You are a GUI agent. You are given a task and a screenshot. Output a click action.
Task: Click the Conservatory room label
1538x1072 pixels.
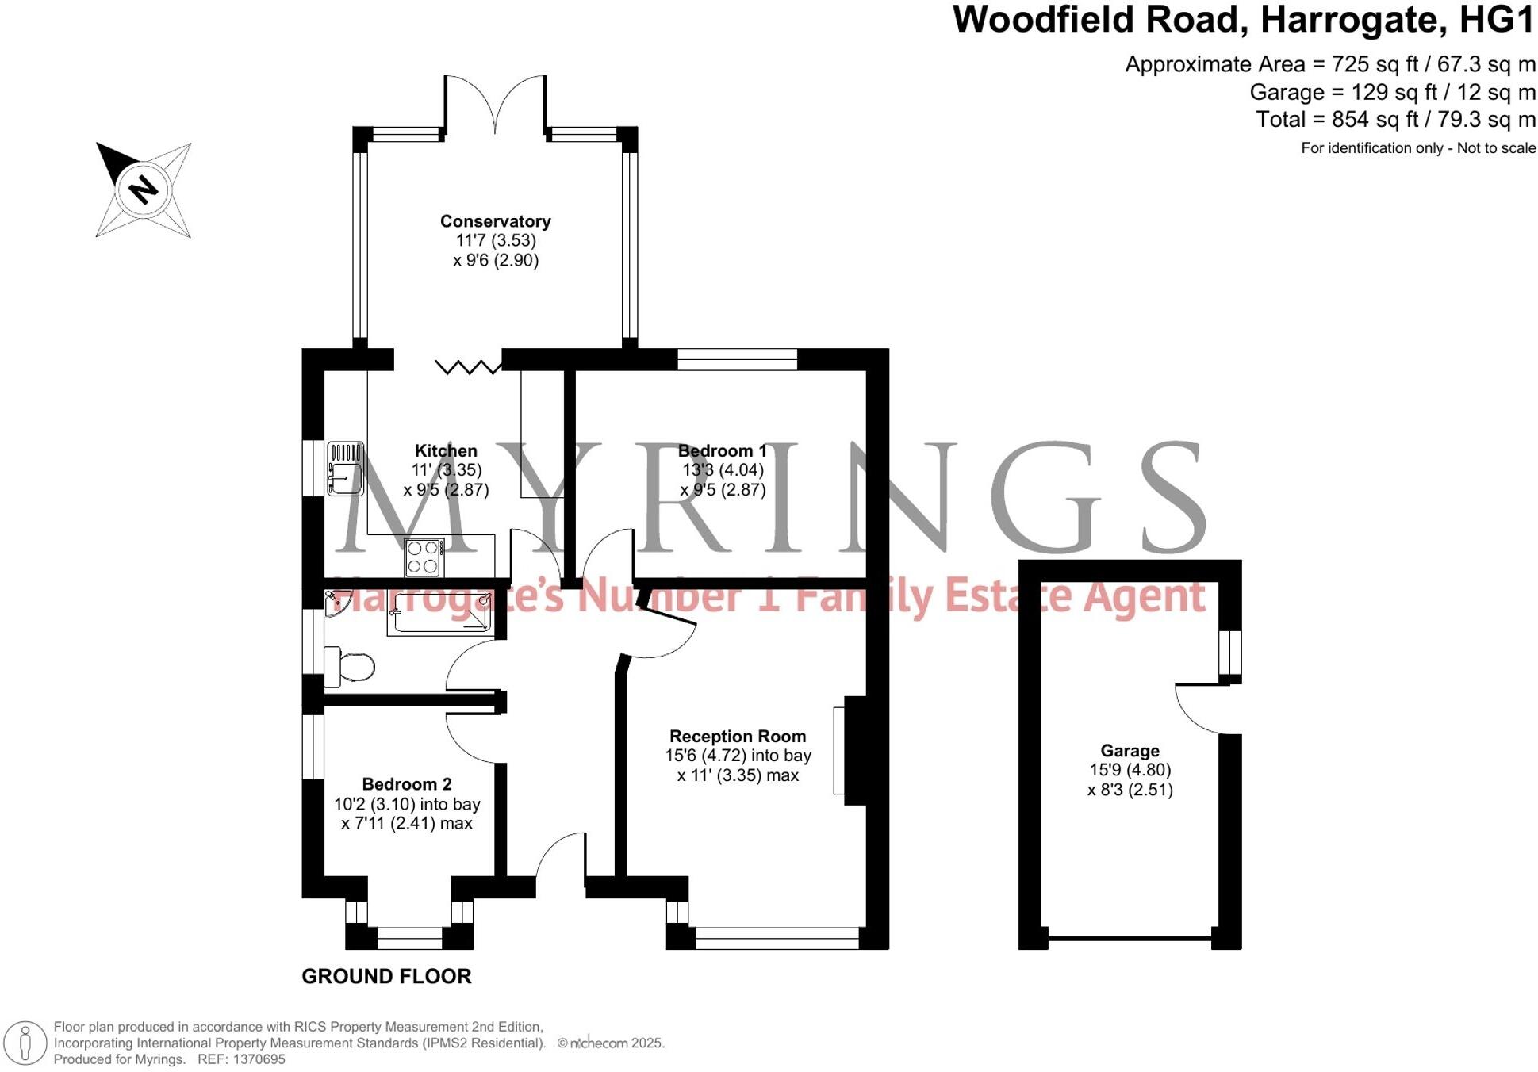[495, 222]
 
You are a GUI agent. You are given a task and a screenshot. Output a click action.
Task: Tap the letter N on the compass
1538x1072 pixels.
[144, 190]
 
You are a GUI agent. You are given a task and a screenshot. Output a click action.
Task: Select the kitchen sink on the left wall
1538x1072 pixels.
[345, 469]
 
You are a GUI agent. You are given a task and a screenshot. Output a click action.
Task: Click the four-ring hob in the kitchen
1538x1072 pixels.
[424, 557]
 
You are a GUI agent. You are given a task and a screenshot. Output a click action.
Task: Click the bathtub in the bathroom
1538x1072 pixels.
[439, 612]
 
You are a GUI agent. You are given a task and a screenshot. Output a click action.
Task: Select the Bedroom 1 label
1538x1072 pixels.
[722, 451]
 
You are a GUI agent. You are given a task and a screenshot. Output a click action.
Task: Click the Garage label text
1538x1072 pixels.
[1130, 751]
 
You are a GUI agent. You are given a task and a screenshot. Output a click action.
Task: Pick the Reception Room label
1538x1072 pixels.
[738, 737]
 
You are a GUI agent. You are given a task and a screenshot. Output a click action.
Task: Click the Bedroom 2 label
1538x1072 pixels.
[407, 784]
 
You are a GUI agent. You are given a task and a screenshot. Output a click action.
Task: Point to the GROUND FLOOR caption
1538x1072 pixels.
[386, 977]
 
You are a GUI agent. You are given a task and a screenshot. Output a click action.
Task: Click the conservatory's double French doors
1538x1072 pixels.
[495, 103]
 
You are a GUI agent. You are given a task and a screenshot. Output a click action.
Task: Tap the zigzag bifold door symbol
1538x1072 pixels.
[468, 366]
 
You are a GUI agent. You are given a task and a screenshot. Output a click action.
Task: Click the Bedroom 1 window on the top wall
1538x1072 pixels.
[737, 359]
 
